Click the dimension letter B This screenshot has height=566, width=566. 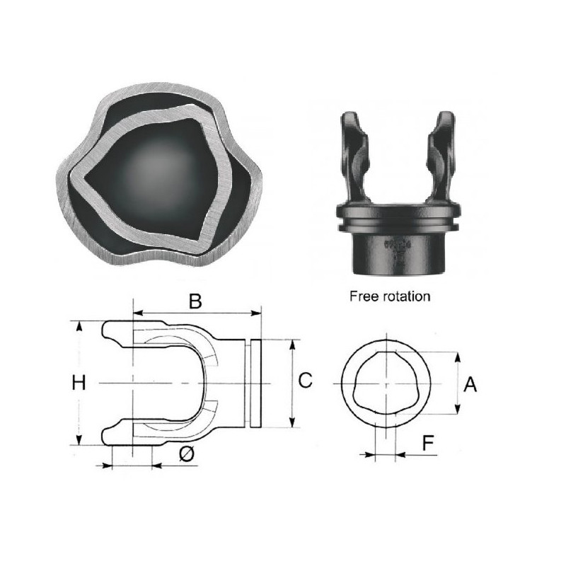(x=195, y=301)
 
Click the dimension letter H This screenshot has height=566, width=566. (x=79, y=383)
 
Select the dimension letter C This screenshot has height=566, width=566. (x=306, y=381)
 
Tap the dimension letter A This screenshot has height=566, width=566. (x=470, y=384)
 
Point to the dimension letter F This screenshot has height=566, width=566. (x=428, y=443)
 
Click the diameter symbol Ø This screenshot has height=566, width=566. (x=187, y=454)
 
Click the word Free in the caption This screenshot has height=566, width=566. (x=364, y=296)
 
